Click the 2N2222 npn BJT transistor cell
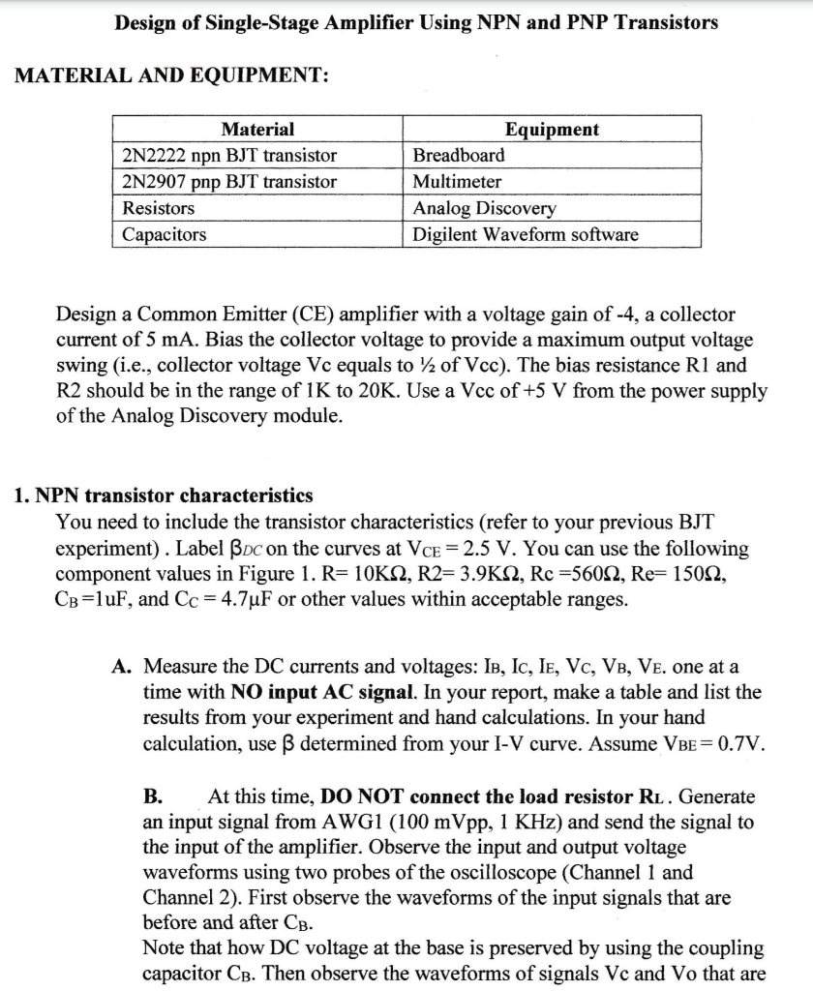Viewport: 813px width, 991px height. pyautogui.click(x=229, y=156)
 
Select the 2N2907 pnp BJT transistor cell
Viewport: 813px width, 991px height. pyautogui.click(x=229, y=182)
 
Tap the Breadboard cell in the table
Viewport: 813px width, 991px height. pyautogui.click(x=459, y=156)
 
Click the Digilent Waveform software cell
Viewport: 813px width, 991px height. pyautogui.click(x=526, y=234)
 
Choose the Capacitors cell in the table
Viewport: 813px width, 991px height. pyautogui.click(x=164, y=234)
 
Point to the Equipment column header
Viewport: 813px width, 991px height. pyautogui.click(x=552, y=130)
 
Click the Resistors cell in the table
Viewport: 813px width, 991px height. pyautogui.click(x=158, y=208)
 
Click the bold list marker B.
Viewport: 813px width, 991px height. pyautogui.click(x=152, y=797)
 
